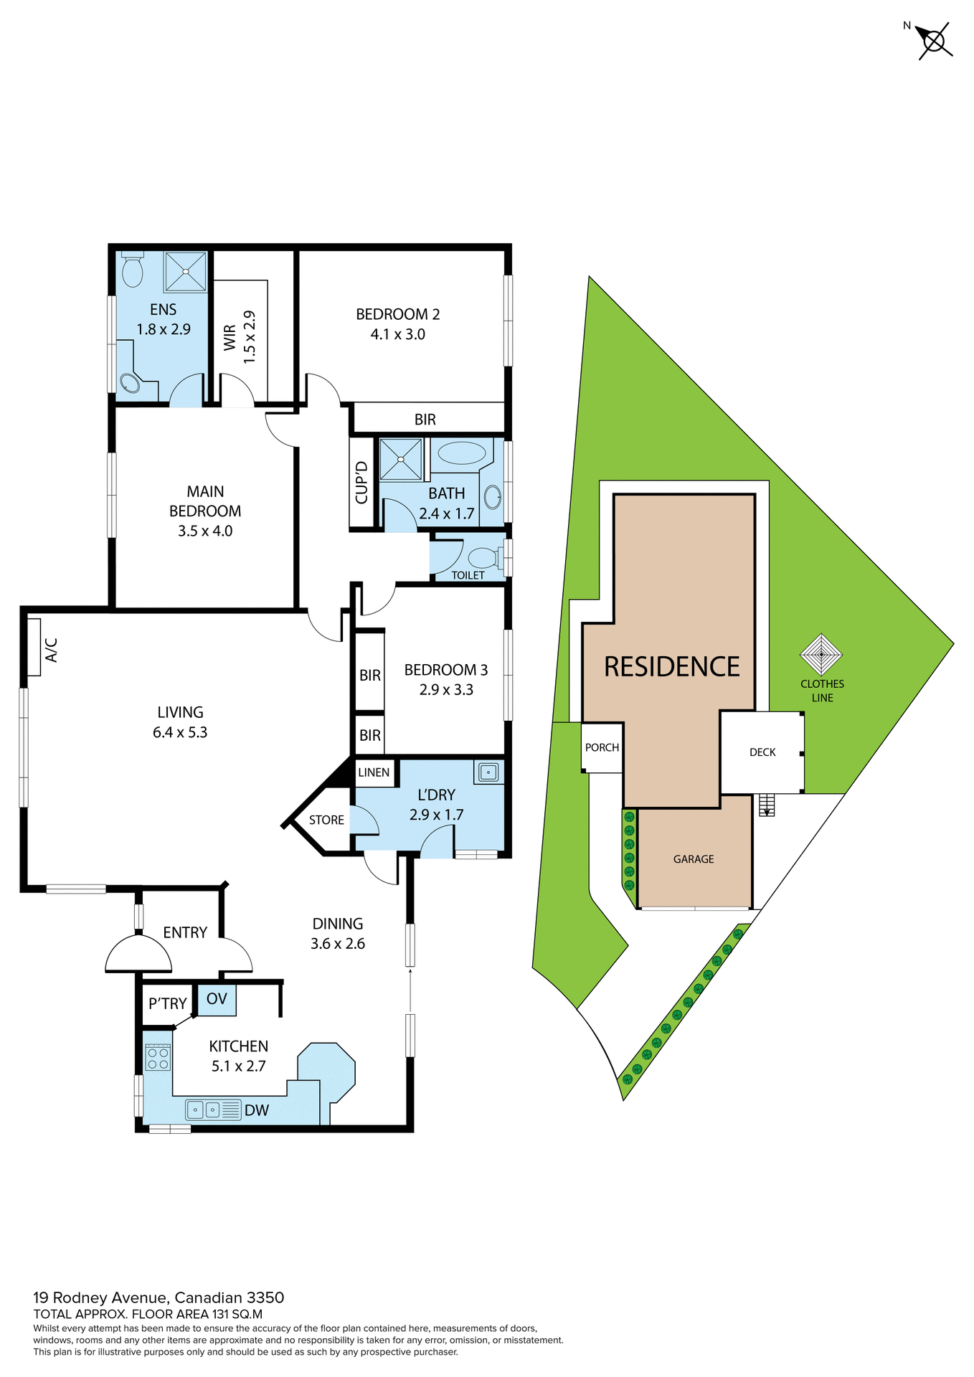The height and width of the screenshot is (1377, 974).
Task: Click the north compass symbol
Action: [x=934, y=41]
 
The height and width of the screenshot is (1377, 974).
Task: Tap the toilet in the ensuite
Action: [x=132, y=270]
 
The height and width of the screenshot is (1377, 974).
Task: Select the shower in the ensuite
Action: [x=186, y=272]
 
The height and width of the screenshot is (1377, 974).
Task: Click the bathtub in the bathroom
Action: [x=462, y=453]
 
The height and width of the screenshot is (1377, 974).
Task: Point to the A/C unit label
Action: [x=50, y=649]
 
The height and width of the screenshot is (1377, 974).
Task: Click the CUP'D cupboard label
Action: [x=361, y=482]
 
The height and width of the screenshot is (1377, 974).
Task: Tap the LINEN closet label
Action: [x=374, y=772]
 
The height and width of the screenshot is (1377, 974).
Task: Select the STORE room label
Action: [x=326, y=820]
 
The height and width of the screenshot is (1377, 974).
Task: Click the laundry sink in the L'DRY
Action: [x=488, y=772]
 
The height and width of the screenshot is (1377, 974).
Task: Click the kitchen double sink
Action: [x=204, y=1110]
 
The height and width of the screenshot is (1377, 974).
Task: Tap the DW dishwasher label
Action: [x=257, y=1111]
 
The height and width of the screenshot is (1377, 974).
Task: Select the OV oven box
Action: [x=217, y=999]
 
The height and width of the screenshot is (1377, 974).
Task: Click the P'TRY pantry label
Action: [x=168, y=1004]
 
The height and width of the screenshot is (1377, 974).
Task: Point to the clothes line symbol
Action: [x=821, y=654]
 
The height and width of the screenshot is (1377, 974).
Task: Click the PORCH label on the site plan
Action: [x=602, y=747]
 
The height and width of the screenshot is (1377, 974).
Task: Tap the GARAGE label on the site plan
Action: [x=694, y=858]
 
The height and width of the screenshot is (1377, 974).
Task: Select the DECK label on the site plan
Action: [x=762, y=752]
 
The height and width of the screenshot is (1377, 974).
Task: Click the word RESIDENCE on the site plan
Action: [x=671, y=667]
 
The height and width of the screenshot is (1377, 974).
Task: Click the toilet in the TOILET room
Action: [x=483, y=557]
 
